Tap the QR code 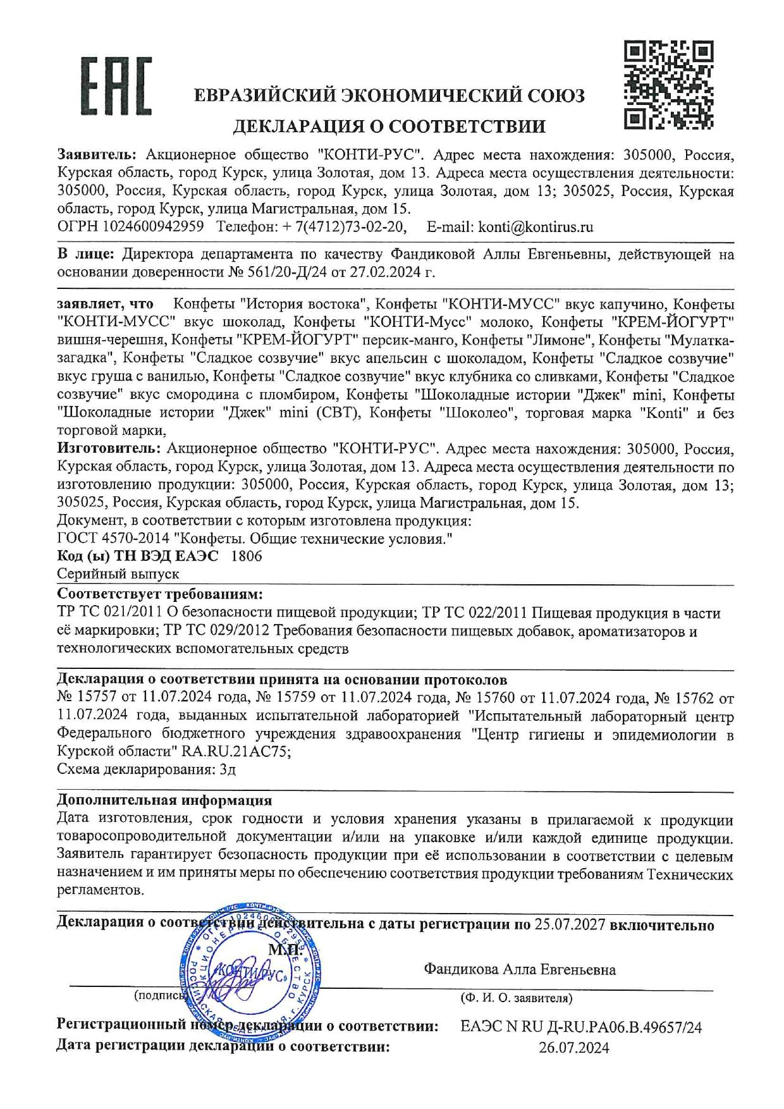[x=668, y=85]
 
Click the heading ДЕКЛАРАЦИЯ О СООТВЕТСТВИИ [x=389, y=126]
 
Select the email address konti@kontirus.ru [x=536, y=227]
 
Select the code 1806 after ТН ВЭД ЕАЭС [x=247, y=556]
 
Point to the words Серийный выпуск [x=118, y=574]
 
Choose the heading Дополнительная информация [x=164, y=800]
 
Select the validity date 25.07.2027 [x=570, y=925]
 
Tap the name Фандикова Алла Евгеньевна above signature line [x=520, y=969]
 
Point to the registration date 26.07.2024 [x=574, y=1048]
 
